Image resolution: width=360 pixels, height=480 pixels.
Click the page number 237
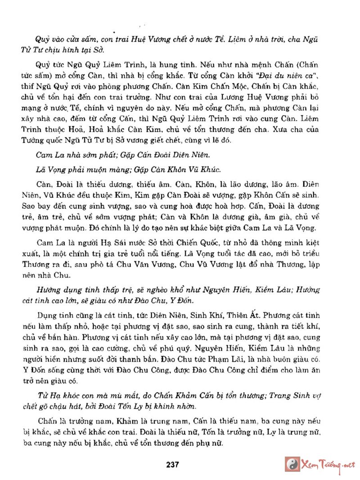pos(172,464)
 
